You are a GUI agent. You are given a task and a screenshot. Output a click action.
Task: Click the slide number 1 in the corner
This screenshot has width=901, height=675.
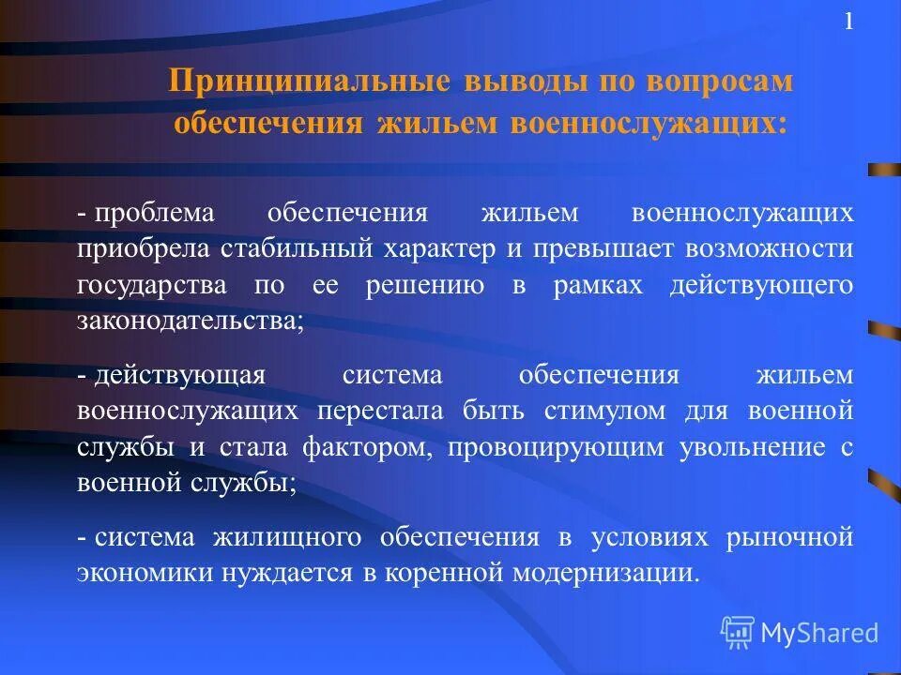848,22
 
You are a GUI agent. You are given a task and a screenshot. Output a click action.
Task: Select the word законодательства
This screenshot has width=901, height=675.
189,322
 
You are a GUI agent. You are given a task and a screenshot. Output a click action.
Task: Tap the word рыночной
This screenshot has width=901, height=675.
800,537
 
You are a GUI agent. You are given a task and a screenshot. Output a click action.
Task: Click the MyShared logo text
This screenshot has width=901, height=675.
819,633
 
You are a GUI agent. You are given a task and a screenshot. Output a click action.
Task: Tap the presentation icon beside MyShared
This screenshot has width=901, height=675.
737,632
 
